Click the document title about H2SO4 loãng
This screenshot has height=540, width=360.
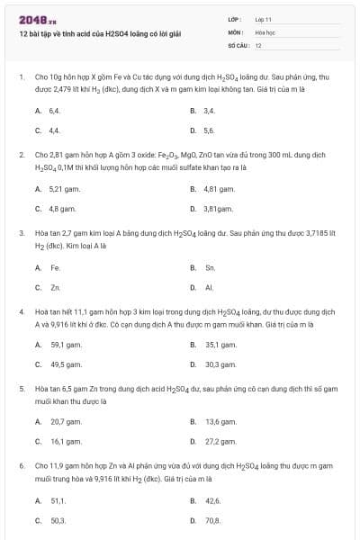(100, 33)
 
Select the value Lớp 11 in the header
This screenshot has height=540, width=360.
(264, 19)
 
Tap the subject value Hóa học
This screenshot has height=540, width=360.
(265, 31)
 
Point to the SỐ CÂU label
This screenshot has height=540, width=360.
(237, 44)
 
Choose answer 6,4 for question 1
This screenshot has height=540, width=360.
(55, 110)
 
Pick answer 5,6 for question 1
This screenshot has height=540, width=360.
(210, 130)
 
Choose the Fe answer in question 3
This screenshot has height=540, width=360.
(55, 267)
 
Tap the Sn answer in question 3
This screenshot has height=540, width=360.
(210, 267)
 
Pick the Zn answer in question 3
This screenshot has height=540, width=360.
(55, 288)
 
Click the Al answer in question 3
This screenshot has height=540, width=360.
(209, 288)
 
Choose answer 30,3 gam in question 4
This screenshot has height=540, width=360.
(220, 364)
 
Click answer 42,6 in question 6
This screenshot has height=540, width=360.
(212, 500)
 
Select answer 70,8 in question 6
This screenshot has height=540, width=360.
(212, 520)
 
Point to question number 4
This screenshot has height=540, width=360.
(21, 310)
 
